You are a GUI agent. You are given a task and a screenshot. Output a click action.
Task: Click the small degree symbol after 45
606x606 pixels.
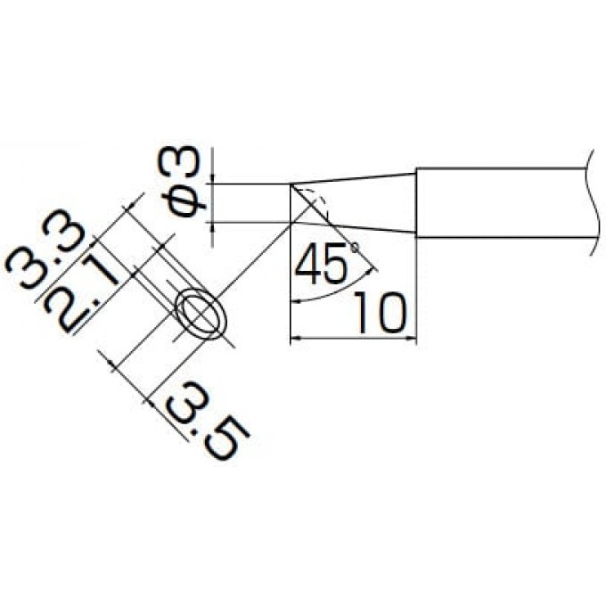354,246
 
